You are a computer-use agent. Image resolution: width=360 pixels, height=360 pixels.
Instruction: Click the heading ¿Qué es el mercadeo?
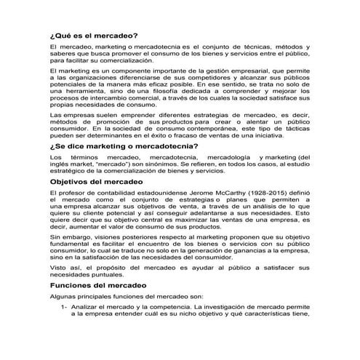tap(91, 34)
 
